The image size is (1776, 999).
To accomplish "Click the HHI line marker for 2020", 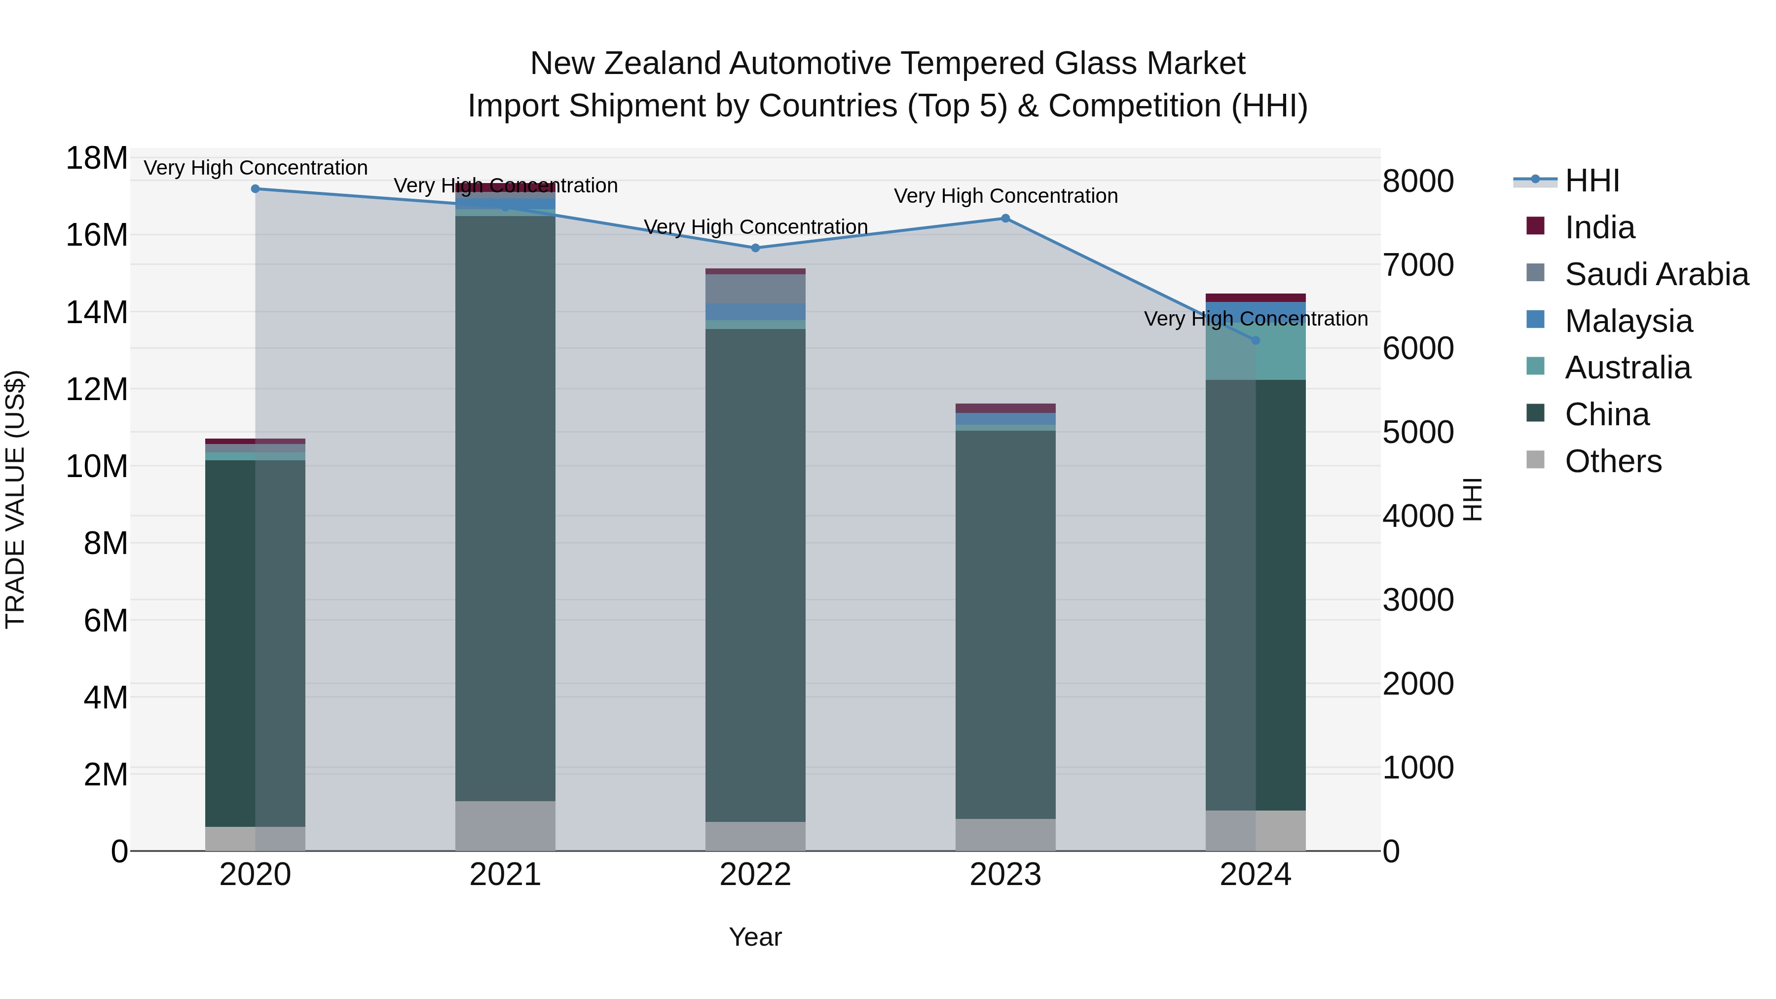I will pos(255,188).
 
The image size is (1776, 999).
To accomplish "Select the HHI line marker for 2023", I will pos(1005,218).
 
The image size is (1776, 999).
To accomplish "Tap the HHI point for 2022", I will pos(755,248).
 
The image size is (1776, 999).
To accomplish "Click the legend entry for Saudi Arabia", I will pos(1656,274).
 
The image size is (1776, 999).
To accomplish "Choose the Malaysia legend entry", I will pos(1628,321).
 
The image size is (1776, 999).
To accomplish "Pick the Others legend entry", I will pos(1613,461).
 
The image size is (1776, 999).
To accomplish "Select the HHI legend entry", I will pos(1591,181).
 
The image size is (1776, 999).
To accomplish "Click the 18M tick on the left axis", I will pos(97,158).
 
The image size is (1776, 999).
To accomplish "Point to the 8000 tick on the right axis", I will pos(1418,182).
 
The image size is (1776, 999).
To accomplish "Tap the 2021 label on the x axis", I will pos(505,875).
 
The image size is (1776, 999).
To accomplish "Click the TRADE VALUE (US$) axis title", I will pos(15,499).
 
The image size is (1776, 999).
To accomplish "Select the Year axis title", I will pos(755,937).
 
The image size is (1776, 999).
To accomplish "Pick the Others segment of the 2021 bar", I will pos(505,825).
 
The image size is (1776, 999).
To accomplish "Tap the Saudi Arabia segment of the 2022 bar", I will pos(755,289).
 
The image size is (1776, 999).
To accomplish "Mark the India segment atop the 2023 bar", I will pos(1005,408).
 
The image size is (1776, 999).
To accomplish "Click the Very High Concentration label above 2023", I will pos(1005,196).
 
